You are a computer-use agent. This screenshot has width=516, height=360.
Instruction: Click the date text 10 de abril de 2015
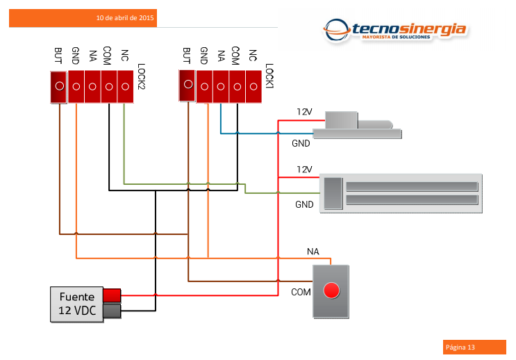pos(125,18)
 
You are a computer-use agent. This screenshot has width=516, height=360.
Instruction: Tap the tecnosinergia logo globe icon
pos(337,31)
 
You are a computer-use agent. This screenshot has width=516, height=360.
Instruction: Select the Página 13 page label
pos(460,347)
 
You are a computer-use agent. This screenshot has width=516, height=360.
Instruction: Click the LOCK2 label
pos(141,76)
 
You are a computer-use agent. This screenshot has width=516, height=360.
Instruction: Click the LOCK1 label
pos(269,76)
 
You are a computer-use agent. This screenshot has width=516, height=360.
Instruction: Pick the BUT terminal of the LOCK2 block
pos(59,87)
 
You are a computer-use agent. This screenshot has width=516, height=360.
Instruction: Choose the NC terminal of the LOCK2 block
pos(125,87)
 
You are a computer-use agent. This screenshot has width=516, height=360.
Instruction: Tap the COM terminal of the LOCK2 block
pos(109,87)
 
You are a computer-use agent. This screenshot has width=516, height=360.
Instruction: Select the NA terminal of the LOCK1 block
pos(221,87)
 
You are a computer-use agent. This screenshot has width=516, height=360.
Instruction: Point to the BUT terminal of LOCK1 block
pos(188,85)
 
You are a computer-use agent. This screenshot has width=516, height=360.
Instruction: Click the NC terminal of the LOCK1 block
pos(253,87)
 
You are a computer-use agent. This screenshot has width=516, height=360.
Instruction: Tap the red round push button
pos(331,291)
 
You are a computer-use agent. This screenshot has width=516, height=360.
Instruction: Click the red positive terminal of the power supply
pos(112,295)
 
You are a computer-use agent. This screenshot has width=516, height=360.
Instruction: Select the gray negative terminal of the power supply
pos(112,311)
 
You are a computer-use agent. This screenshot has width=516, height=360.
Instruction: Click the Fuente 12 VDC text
pos(77,304)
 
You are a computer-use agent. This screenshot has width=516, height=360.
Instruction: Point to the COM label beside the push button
pos(301,292)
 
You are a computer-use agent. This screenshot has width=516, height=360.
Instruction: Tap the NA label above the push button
pos(313,252)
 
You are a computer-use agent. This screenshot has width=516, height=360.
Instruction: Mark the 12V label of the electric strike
pos(304,112)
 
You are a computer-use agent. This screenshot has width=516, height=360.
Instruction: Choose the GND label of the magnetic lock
pos(304,204)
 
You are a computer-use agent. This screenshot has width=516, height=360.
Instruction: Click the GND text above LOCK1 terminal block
pos(203,56)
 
